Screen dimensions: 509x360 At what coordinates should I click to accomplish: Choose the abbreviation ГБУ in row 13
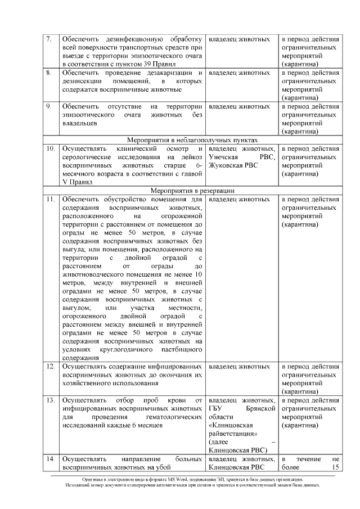coord(216,408)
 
